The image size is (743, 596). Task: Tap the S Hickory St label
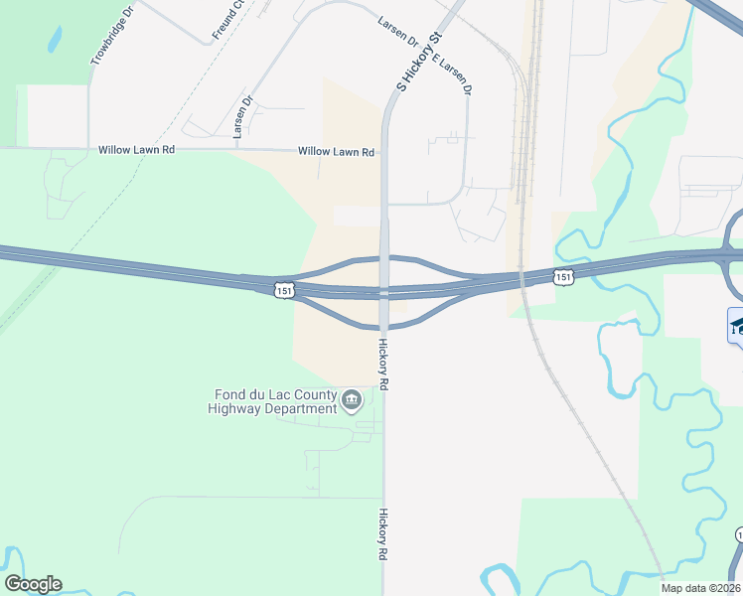[x=418, y=62]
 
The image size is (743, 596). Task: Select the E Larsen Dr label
[x=452, y=73]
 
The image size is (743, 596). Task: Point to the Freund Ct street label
[x=227, y=21]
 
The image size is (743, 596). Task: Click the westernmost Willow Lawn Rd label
[x=136, y=150]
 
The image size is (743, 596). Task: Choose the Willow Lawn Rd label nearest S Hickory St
[x=337, y=153]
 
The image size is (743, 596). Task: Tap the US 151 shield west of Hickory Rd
[x=283, y=289]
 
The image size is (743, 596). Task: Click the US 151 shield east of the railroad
[x=563, y=277]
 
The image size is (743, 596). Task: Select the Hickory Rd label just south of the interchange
[x=382, y=364]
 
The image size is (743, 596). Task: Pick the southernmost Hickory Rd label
[x=382, y=535]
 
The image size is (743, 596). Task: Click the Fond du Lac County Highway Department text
[x=272, y=401]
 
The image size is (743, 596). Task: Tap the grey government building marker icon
[x=352, y=401]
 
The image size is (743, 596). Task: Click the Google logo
[x=33, y=584]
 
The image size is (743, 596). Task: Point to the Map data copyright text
[x=700, y=588]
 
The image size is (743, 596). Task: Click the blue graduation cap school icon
[x=737, y=327]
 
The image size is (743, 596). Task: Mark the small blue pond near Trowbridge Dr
[x=54, y=40]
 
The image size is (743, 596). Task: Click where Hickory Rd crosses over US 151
[x=383, y=292]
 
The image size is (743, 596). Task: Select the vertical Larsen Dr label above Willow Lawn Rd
[x=242, y=116]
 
